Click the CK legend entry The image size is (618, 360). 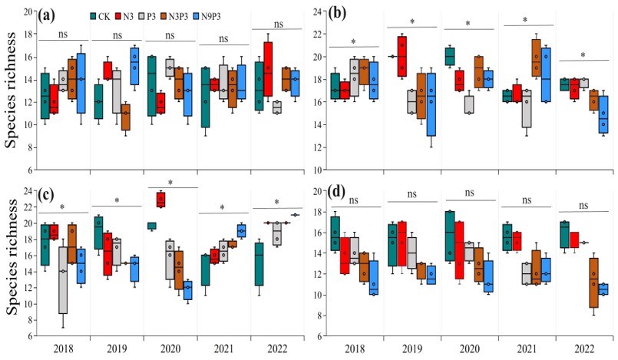pyautogui.click(x=101, y=16)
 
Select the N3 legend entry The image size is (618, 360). pyautogui.click(x=124, y=16)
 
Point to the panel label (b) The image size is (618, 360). pyautogui.click(x=337, y=13)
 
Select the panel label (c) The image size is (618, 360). pyautogui.click(x=47, y=193)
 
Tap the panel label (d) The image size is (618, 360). pyautogui.click(x=336, y=192)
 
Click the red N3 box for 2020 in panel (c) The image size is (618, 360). pyautogui.click(x=160, y=200)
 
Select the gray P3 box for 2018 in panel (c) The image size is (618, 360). pyautogui.click(x=63, y=280)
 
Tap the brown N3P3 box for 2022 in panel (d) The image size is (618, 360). pyautogui.click(x=594, y=282)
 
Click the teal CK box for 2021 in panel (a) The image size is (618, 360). pyautogui.click(x=205, y=97)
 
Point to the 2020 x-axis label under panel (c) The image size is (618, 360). pyautogui.click(x=170, y=349)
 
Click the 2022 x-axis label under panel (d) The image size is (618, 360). pyautogui.click(x=583, y=349)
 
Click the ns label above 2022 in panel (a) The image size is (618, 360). pyautogui.click(x=278, y=24)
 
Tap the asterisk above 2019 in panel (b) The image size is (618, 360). pyautogui.click(x=412, y=21)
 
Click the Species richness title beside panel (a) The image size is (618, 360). pyautogui.click(x=11, y=91)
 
